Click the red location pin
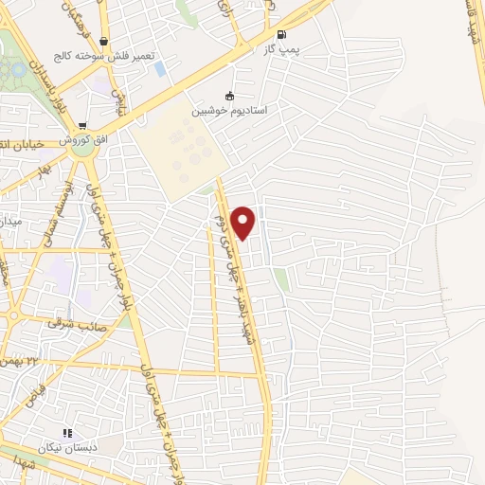coord(244,222)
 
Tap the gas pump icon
coord(281,34)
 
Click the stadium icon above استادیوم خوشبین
coord(228,95)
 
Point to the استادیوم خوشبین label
coord(230,110)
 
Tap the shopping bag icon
coord(102,42)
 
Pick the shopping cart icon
coord(83,126)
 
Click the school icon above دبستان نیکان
coord(68,432)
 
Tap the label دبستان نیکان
coord(69,446)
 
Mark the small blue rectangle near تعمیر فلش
coord(159,68)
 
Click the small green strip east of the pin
coord(280,278)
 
